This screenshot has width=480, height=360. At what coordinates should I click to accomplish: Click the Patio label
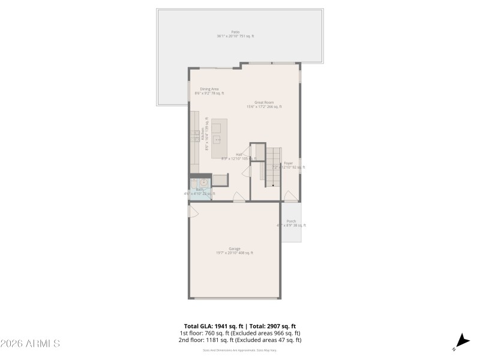(x=235, y=32)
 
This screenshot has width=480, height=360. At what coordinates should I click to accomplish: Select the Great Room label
(x=264, y=103)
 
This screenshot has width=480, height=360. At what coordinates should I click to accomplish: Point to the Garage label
(x=235, y=248)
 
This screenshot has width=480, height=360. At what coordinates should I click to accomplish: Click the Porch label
(x=291, y=221)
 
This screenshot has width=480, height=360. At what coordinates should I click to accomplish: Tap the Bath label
(x=199, y=190)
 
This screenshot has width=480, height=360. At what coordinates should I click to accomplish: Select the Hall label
(x=239, y=155)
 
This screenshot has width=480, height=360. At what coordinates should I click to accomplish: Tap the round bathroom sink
(x=204, y=182)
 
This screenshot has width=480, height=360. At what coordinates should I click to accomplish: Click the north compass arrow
(x=461, y=340)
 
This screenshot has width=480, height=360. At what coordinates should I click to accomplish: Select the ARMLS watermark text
(x=30, y=344)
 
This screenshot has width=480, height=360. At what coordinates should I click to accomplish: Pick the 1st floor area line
(x=240, y=333)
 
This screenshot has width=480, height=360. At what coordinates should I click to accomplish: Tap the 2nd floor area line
(x=240, y=340)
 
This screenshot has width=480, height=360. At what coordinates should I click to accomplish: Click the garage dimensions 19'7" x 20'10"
(x=226, y=253)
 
